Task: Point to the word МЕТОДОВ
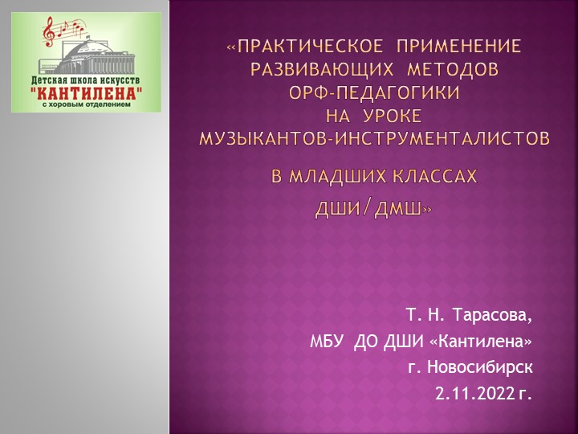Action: click(x=455, y=69)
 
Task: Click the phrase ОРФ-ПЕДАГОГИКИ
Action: click(x=374, y=92)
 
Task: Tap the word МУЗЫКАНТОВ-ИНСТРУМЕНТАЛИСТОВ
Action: click(x=374, y=139)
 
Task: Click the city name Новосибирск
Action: click(x=478, y=368)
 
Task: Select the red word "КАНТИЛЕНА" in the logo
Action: click(x=85, y=94)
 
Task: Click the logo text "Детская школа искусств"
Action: click(x=85, y=82)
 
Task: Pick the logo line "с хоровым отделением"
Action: click(x=85, y=105)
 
